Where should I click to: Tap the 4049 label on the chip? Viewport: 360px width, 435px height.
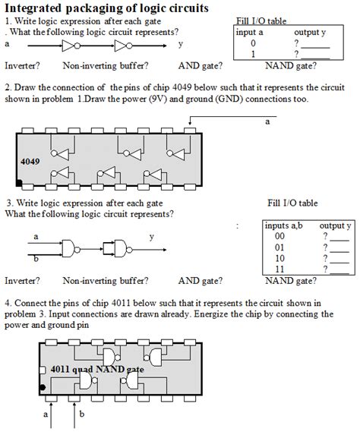pyautogui.click(x=30, y=162)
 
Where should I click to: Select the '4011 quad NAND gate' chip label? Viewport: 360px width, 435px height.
pyautogui.click(x=97, y=369)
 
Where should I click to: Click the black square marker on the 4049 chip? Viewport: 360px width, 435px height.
pyautogui.click(x=20, y=184)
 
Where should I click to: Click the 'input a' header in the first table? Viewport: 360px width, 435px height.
pyautogui.click(x=250, y=33)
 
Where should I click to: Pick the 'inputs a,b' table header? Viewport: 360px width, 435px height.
pyautogui.click(x=282, y=226)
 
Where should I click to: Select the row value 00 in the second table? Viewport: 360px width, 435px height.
pyautogui.click(x=279, y=236)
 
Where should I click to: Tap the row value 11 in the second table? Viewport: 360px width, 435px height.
pyautogui.click(x=279, y=268)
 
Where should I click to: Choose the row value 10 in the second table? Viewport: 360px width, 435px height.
pyautogui.click(x=279, y=257)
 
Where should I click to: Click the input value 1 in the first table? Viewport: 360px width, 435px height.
pyautogui.click(x=253, y=55)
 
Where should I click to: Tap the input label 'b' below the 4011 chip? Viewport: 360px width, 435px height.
pyautogui.click(x=82, y=415)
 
